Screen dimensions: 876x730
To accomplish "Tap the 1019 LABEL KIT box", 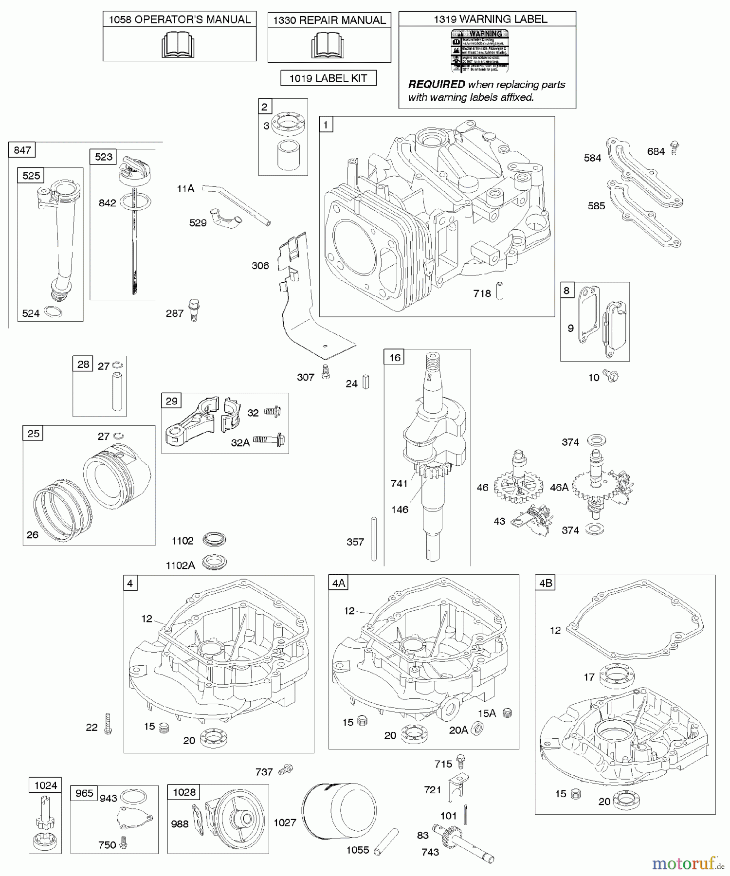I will coord(328,78).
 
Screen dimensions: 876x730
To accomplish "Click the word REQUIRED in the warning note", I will coord(436,85).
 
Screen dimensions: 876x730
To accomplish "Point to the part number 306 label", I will coord(260,266).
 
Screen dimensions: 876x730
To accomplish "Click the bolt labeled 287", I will coord(194,310).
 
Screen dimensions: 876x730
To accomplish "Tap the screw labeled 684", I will coord(674,147).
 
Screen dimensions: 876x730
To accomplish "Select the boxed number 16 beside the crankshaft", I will coord(395,358).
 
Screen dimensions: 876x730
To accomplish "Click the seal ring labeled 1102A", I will coord(214,562).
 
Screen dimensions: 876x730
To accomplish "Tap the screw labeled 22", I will coord(108,724).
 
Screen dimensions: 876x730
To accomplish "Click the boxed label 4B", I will coord(546,583).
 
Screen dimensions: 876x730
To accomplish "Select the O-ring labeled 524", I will coord(53,312).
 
